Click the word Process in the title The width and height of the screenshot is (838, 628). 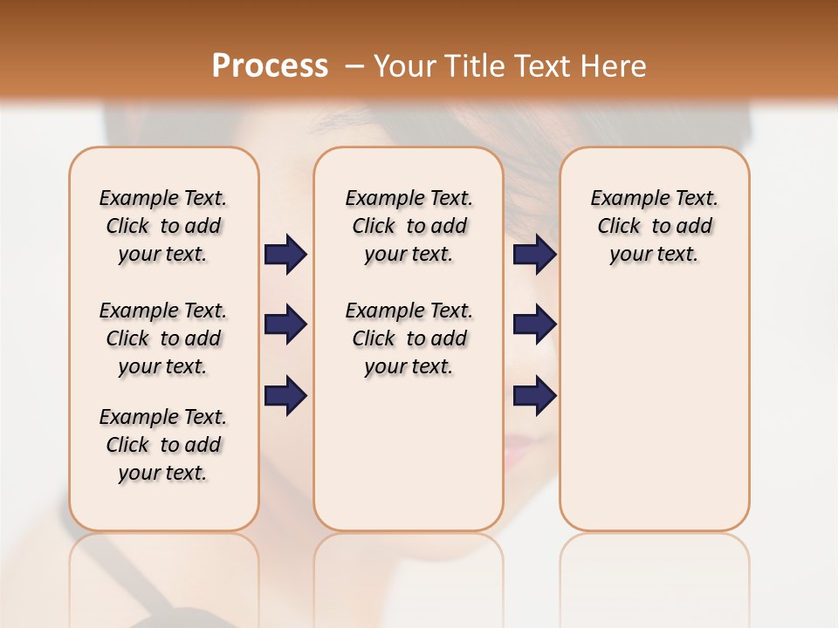[270, 66]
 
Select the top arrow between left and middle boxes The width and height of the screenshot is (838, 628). [285, 255]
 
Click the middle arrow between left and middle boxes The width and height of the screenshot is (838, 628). [285, 324]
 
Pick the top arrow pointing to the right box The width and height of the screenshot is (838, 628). [534, 255]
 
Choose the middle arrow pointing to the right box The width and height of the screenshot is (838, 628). [534, 324]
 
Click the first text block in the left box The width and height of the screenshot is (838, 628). [163, 226]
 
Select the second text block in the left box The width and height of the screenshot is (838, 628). [163, 338]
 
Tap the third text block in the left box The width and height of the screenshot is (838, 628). [163, 445]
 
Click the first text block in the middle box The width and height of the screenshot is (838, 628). [409, 226]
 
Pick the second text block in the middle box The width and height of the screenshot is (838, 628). [409, 338]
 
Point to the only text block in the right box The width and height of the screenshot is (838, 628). [654, 226]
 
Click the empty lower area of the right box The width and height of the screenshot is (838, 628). [654, 419]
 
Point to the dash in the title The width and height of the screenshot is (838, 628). [354, 66]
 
